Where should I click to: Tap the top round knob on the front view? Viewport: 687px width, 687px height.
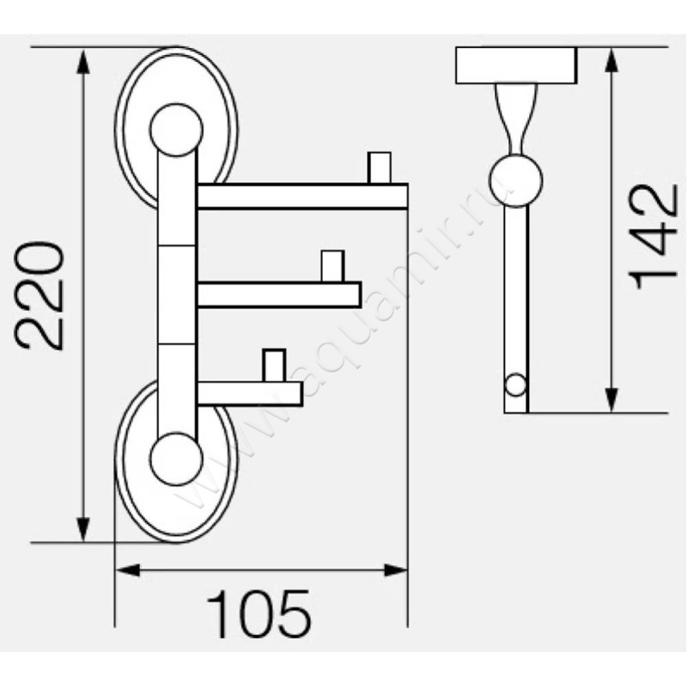[176, 130]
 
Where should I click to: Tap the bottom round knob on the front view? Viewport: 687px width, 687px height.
[176, 457]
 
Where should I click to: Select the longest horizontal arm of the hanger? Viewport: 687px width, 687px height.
[301, 197]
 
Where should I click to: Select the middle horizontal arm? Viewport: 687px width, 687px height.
[278, 295]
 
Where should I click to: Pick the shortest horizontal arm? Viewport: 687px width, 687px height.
[249, 393]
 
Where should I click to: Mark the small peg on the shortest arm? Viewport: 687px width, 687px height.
[274, 365]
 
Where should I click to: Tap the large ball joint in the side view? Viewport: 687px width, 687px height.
[515, 179]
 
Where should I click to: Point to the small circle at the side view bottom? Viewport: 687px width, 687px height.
[515, 385]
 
